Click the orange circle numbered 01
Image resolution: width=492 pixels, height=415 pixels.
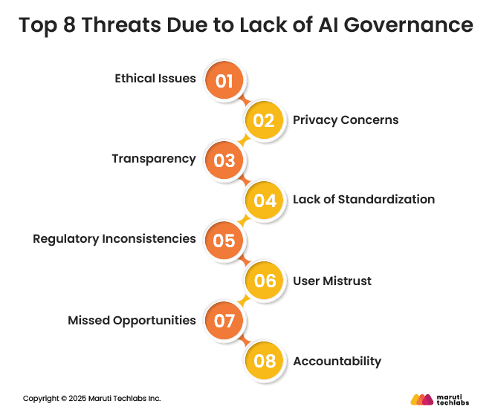pos(224,80)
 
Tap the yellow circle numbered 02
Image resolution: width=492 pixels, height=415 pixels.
pos(265,120)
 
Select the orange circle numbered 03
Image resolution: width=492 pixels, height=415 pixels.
pos(224,160)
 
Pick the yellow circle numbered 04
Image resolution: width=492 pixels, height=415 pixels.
pos(265,200)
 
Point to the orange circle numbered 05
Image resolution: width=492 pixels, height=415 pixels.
pos(224,241)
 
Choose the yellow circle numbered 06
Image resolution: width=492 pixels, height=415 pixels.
pos(265,281)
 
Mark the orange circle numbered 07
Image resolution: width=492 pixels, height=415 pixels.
pos(224,321)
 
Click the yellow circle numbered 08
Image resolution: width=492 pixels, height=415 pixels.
pos(265,361)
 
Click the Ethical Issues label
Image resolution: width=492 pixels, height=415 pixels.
pos(155,79)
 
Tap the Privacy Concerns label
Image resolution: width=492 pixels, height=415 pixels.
pos(346,120)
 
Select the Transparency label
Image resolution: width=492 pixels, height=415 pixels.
pos(154,159)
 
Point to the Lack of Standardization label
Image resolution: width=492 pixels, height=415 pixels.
pos(363,199)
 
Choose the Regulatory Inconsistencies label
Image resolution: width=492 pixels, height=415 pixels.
pos(114,239)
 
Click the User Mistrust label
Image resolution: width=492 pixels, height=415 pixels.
pos(332,281)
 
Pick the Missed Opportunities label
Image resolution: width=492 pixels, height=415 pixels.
pos(132,320)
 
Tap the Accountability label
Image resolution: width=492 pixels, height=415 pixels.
pos(337,362)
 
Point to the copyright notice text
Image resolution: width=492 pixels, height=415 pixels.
pos(91,399)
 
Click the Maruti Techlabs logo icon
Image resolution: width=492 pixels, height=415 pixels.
pos(421,399)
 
